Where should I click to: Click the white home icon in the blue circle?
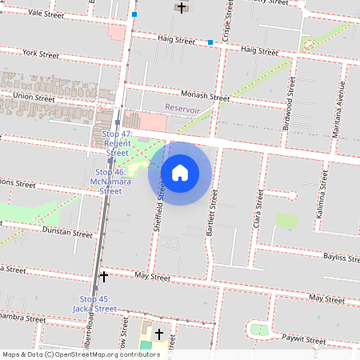(180, 172)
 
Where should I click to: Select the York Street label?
(42, 54)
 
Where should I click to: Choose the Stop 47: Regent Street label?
(117, 142)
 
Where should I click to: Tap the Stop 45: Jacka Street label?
(94, 303)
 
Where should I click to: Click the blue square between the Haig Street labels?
(210, 42)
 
